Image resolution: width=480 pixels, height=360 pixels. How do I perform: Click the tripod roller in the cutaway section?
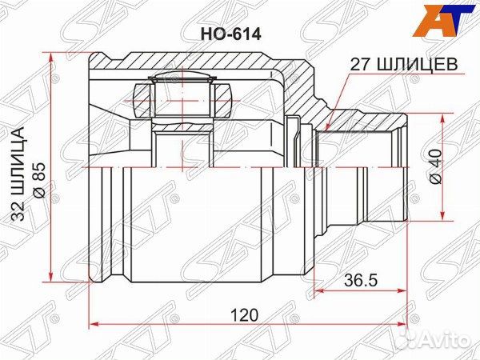click(x=182, y=100)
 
